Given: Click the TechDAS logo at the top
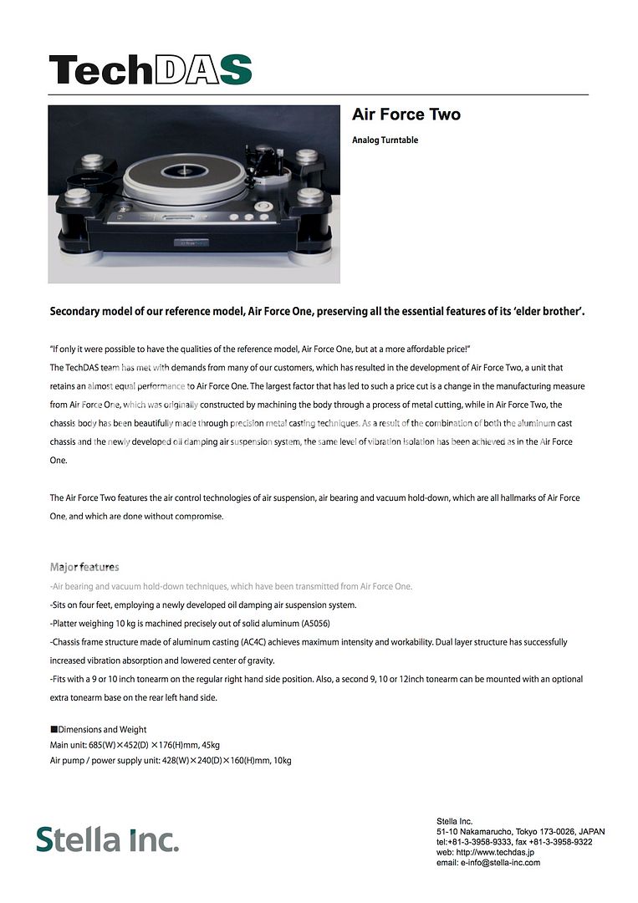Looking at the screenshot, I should [x=151, y=69].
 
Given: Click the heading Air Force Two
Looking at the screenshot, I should [x=406, y=115].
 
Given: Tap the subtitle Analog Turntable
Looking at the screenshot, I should [x=385, y=140].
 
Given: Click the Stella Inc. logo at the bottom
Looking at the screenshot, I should [x=107, y=839].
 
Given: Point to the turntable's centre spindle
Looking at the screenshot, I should [x=180, y=171].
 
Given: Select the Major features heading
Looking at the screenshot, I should [x=84, y=567].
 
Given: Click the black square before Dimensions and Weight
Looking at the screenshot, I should [x=54, y=729].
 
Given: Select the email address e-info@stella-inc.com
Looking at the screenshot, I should [x=500, y=862].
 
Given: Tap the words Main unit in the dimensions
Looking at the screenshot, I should [x=68, y=744].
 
